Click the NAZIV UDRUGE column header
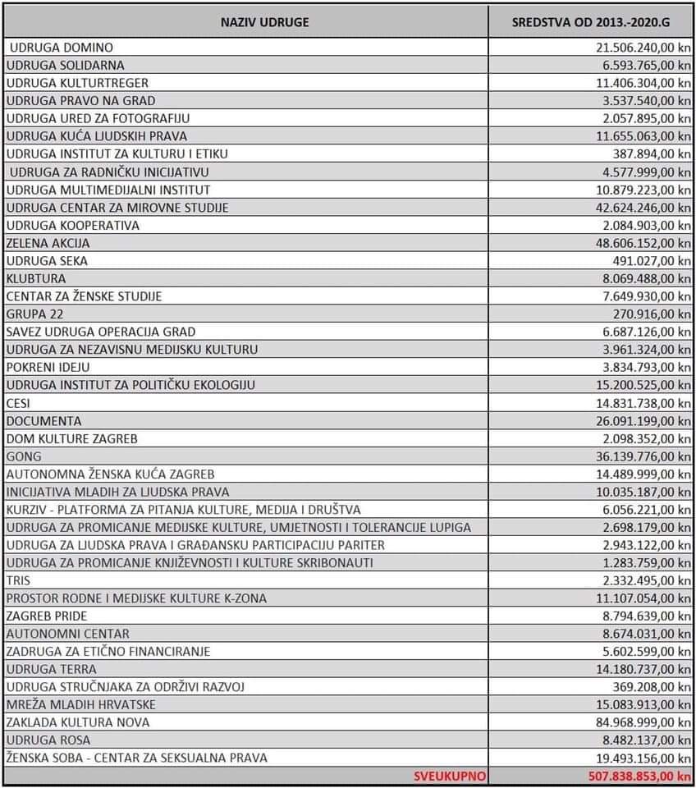click(x=264, y=21)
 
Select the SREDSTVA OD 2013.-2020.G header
click(x=591, y=21)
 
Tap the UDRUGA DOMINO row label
click(x=62, y=48)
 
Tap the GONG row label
click(x=24, y=456)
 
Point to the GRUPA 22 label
click(x=34, y=314)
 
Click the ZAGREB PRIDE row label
click(x=47, y=616)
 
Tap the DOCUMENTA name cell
click(x=44, y=421)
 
